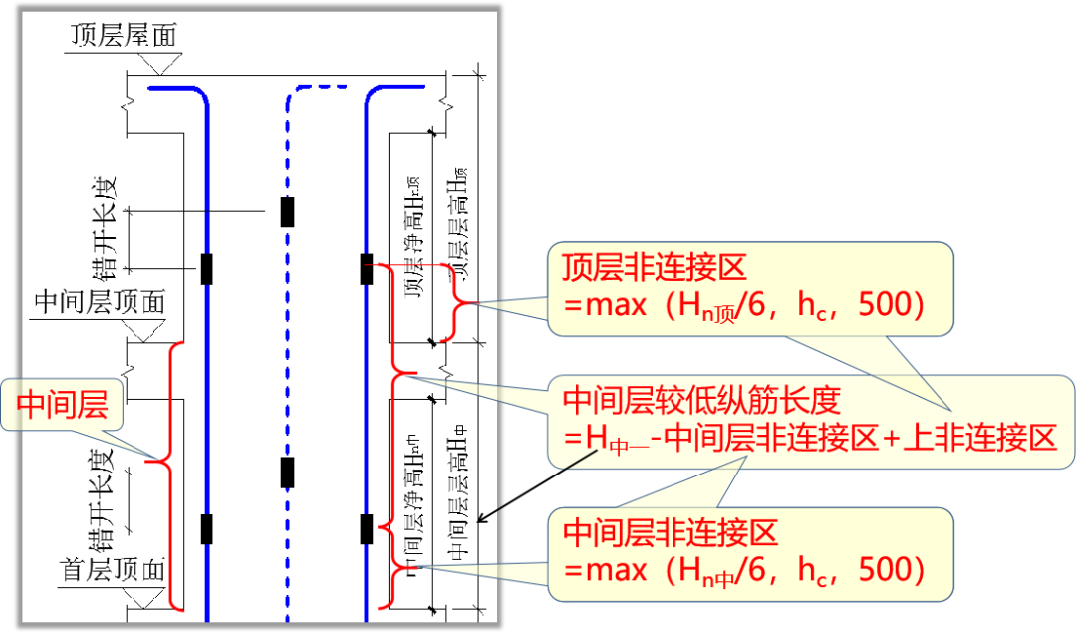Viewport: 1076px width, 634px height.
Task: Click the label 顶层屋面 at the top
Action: coord(124,37)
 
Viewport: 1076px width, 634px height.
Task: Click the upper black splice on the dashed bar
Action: coord(287,212)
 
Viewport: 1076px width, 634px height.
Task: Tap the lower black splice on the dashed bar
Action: coord(287,473)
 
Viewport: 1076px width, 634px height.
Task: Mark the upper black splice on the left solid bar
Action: coord(207,269)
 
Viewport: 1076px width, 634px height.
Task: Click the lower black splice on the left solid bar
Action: coord(207,528)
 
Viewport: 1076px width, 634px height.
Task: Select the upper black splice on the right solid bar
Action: coord(367,269)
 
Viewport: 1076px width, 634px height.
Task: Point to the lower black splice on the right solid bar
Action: coord(367,528)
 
